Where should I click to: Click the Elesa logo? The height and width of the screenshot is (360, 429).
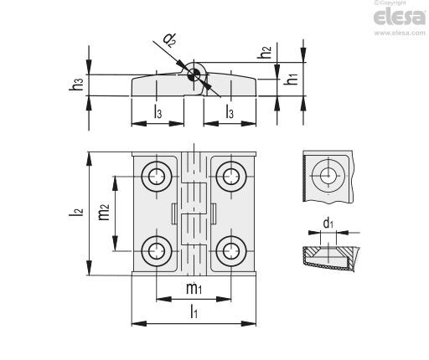[400, 17]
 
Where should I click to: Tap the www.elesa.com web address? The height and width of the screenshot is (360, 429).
[400, 33]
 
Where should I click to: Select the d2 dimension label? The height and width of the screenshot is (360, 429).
[169, 40]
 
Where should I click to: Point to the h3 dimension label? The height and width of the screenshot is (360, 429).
[76, 84]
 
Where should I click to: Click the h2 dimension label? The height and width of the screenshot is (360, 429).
[264, 52]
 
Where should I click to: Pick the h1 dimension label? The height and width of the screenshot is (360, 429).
[291, 78]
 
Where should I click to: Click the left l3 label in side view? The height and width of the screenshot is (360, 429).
[158, 111]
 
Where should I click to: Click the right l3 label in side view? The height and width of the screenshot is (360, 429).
[230, 111]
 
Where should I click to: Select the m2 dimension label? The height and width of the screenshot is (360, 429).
[104, 212]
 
